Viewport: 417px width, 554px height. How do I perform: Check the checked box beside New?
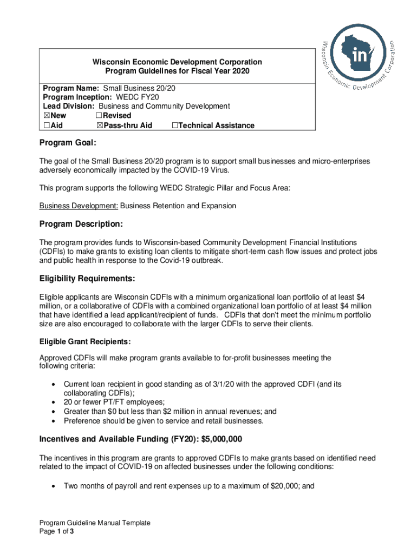[46, 116]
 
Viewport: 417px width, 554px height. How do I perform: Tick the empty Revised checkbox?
[99, 116]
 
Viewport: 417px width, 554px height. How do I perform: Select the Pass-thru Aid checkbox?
[99, 126]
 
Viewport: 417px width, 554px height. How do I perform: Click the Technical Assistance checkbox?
[174, 126]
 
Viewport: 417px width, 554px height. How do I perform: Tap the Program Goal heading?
[68, 143]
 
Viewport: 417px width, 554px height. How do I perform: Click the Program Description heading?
[82, 224]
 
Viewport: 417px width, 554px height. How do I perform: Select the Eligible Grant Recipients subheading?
[85, 342]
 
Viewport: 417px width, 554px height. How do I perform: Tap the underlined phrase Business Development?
[79, 206]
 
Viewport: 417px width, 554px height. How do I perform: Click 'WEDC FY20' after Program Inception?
[134, 97]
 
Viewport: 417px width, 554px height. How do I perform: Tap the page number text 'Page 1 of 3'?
[56, 532]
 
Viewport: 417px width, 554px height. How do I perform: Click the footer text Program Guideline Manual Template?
[94, 523]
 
